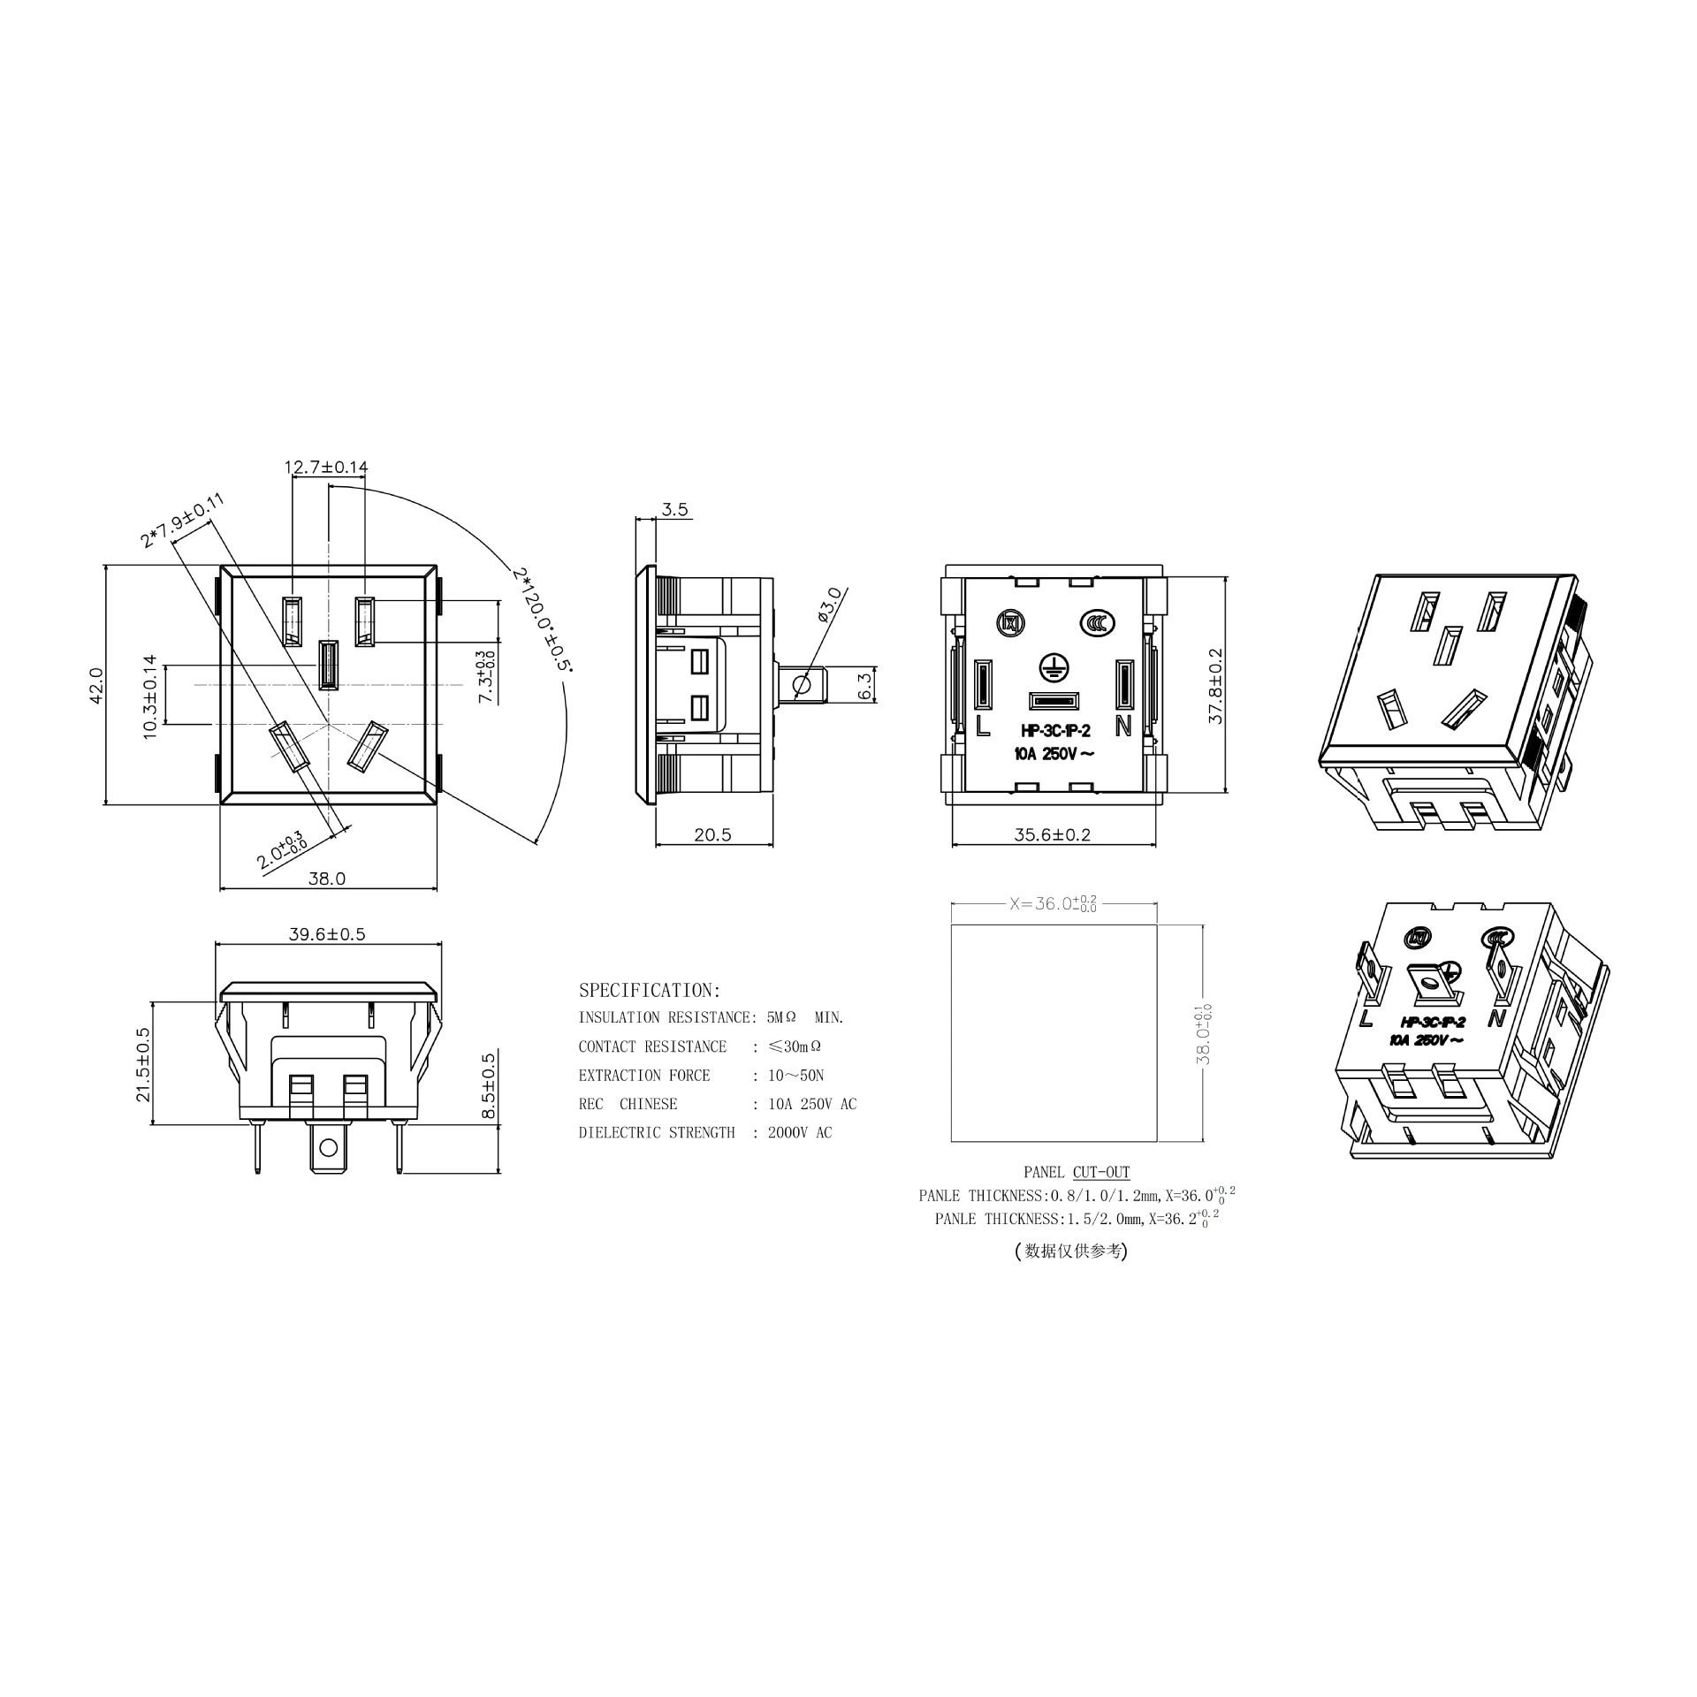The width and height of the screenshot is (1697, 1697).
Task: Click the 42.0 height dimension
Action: [x=96, y=685]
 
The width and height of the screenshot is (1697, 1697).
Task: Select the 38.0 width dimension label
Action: [x=326, y=879]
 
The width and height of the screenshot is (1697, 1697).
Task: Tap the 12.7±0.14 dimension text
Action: [x=326, y=467]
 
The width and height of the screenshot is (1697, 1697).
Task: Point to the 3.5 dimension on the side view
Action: [x=674, y=510]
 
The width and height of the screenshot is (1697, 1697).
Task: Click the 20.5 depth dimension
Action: [x=712, y=834]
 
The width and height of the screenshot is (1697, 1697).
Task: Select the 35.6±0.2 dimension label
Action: [x=1052, y=834]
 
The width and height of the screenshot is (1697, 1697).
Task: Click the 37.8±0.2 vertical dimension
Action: [x=1215, y=685]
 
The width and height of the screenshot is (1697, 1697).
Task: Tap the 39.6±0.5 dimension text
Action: [x=327, y=933]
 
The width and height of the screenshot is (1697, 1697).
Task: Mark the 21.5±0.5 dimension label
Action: [x=143, y=1064]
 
